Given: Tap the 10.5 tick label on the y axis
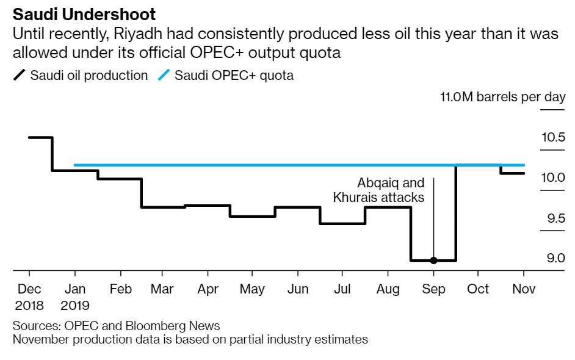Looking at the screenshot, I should [x=553, y=137].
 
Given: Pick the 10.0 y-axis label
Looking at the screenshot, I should [x=553, y=178].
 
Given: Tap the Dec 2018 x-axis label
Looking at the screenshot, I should [x=29, y=297].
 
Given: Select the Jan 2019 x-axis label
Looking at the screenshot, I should [x=75, y=297].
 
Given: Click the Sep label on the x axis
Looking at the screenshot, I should [x=433, y=289].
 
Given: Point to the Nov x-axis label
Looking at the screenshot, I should [x=523, y=289].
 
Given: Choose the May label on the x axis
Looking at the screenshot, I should [x=252, y=289].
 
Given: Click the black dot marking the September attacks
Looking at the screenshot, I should [x=433, y=261].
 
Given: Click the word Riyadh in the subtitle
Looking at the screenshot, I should [x=142, y=34].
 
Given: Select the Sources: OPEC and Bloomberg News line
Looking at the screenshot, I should [x=116, y=326].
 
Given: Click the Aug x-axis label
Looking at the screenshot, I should [x=388, y=289].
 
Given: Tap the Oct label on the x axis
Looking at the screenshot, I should [x=478, y=289].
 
